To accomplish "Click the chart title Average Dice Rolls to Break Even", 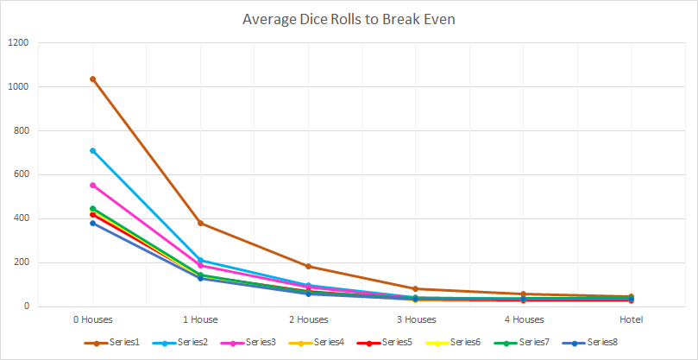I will pos(349,18).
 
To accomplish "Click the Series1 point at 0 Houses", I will pos(92,79).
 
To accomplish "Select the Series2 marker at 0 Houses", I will pos(92,151).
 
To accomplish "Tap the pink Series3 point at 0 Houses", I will pos(92,185).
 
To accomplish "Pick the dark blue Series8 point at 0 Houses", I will pos(92,223).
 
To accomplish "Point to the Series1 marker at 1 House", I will pos(200,224).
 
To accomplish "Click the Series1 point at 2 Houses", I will pos(308,267).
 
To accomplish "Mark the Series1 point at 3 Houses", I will pos(416,289).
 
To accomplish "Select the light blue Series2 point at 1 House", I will pos(200,261).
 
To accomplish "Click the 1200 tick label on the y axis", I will pos(18,43).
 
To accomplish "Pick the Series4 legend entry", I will pos(324,343).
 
